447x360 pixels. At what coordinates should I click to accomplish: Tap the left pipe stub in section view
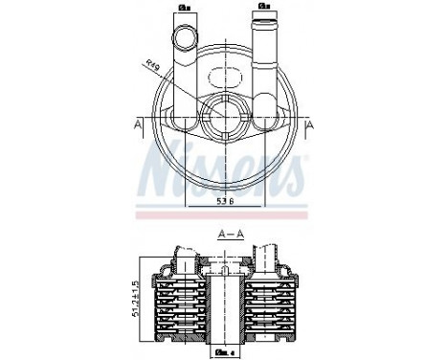(182, 257)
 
